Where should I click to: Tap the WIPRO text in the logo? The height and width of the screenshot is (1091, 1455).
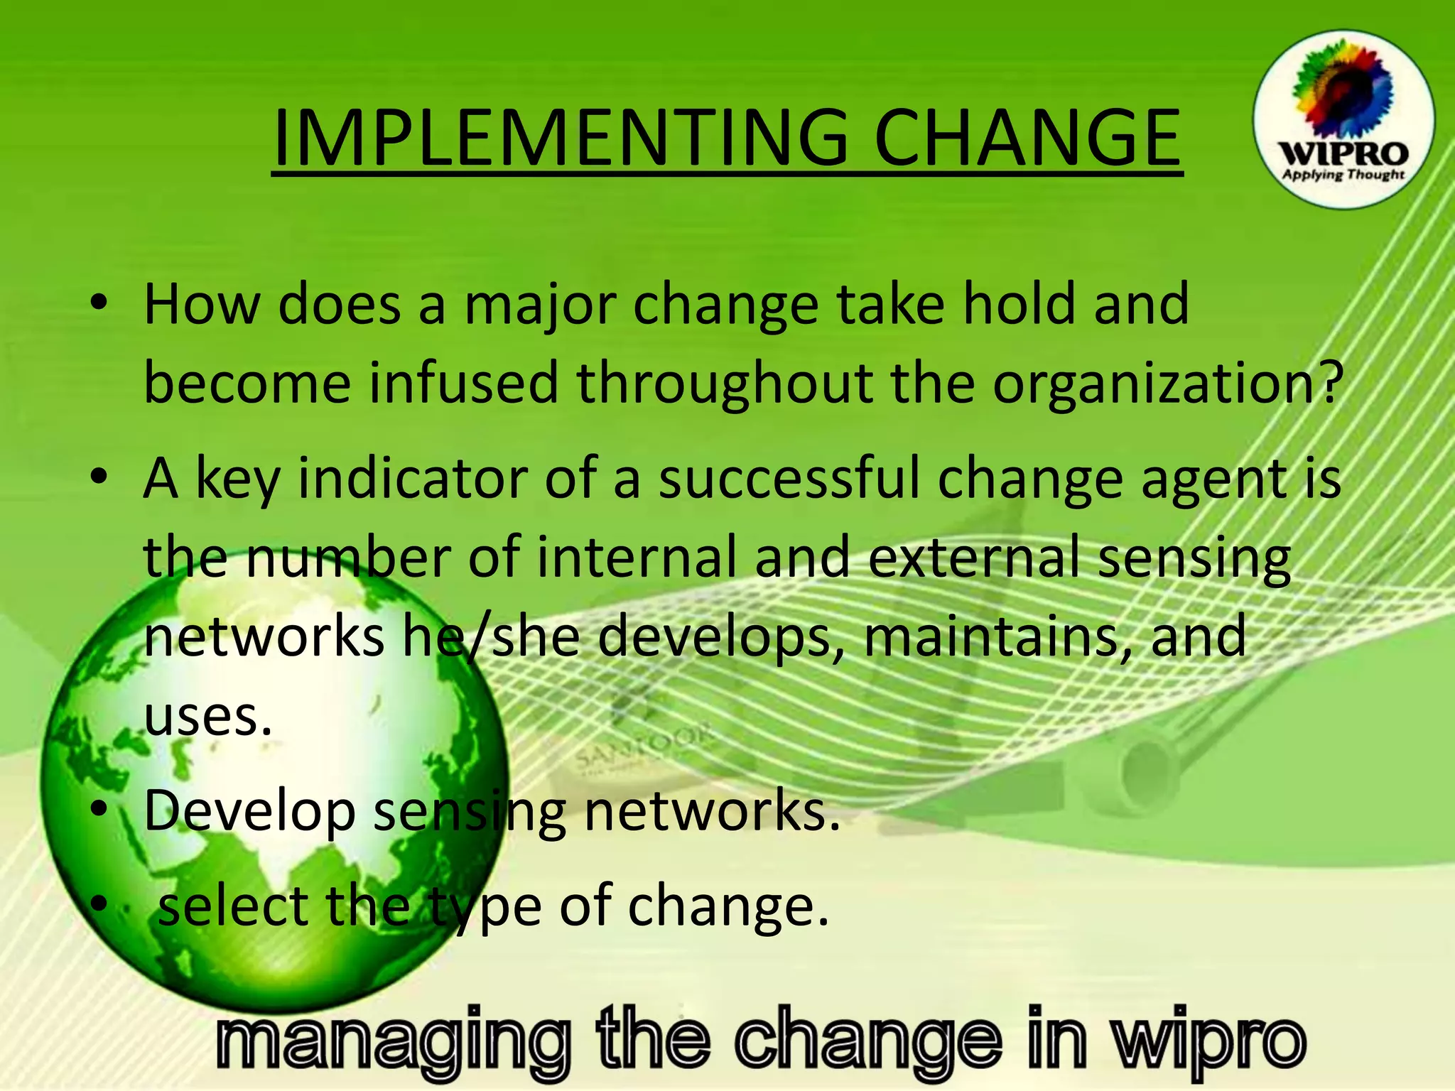(1343, 153)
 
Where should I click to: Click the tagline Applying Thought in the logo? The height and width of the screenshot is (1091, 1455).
(1343, 175)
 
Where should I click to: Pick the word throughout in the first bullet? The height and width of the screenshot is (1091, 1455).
(724, 384)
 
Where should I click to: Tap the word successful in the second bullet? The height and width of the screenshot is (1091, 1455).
(789, 479)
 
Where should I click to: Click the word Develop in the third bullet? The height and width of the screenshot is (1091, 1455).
(249, 812)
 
